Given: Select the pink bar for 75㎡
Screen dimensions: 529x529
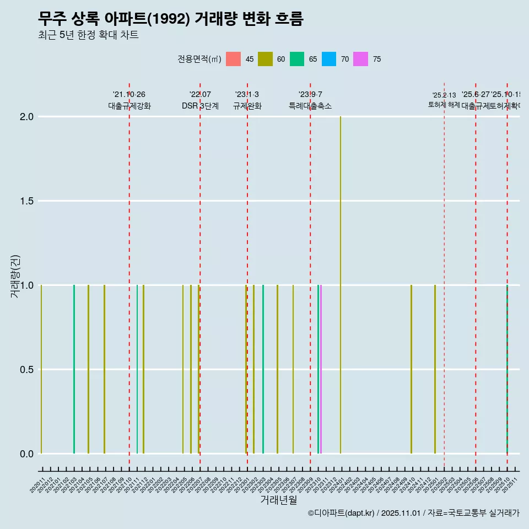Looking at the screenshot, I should point(321,369).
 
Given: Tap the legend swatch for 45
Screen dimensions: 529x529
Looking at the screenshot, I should point(234,59).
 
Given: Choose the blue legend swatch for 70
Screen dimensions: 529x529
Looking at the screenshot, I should point(329,59).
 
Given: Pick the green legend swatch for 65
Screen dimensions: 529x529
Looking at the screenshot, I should point(297,59).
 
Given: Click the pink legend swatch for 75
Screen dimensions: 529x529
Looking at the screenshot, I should point(361,59).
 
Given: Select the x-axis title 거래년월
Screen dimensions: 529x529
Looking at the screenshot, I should point(278,500).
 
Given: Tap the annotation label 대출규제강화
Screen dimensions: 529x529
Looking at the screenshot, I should point(129,106).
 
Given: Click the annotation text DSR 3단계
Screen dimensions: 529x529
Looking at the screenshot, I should point(200,106).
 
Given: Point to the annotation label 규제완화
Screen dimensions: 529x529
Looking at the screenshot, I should point(247,106).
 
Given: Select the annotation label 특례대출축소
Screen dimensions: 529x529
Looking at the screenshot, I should point(310,106).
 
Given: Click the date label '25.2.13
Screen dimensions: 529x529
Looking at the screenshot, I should point(444,95).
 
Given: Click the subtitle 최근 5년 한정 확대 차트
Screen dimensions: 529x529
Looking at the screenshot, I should point(88,35).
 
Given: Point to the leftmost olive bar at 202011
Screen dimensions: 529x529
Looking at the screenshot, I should point(41,369).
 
